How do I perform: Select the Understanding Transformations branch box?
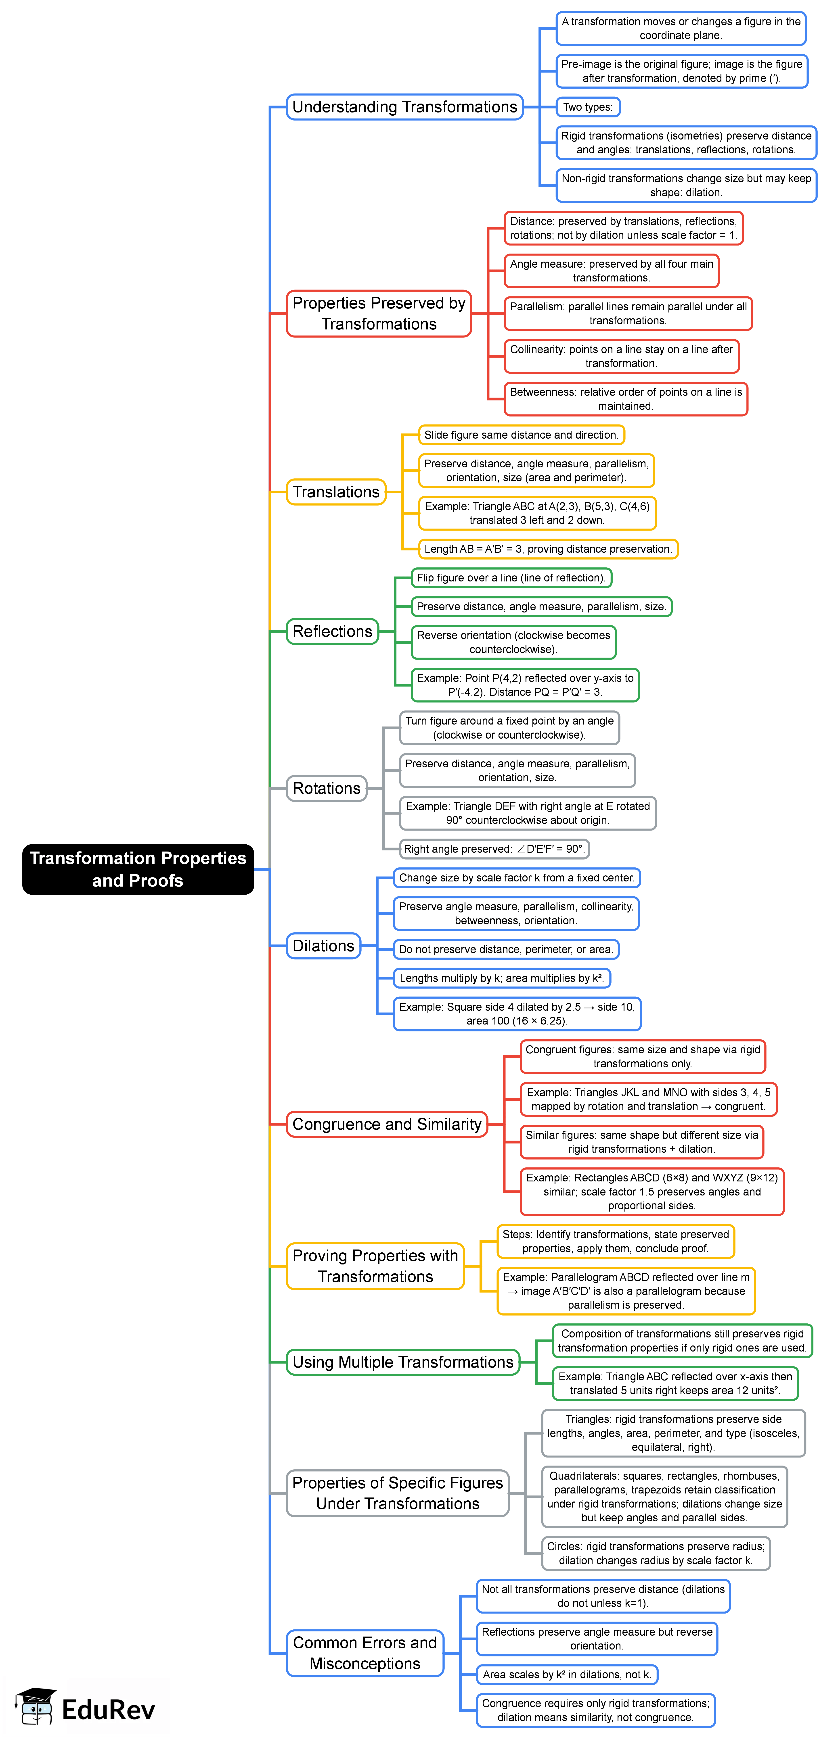coord(404,107)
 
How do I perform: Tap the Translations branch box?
coord(336,492)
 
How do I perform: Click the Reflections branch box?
coord(332,631)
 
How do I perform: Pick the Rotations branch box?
coord(326,788)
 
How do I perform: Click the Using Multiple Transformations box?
coord(402,1362)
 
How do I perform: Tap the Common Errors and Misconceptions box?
coord(365,1653)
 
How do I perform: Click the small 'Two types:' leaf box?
coord(587,107)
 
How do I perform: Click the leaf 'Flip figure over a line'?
coord(511,578)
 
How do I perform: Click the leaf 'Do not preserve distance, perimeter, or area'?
coord(506,949)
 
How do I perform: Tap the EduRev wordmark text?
coord(108,1709)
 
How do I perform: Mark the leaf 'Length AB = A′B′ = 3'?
coord(548,549)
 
